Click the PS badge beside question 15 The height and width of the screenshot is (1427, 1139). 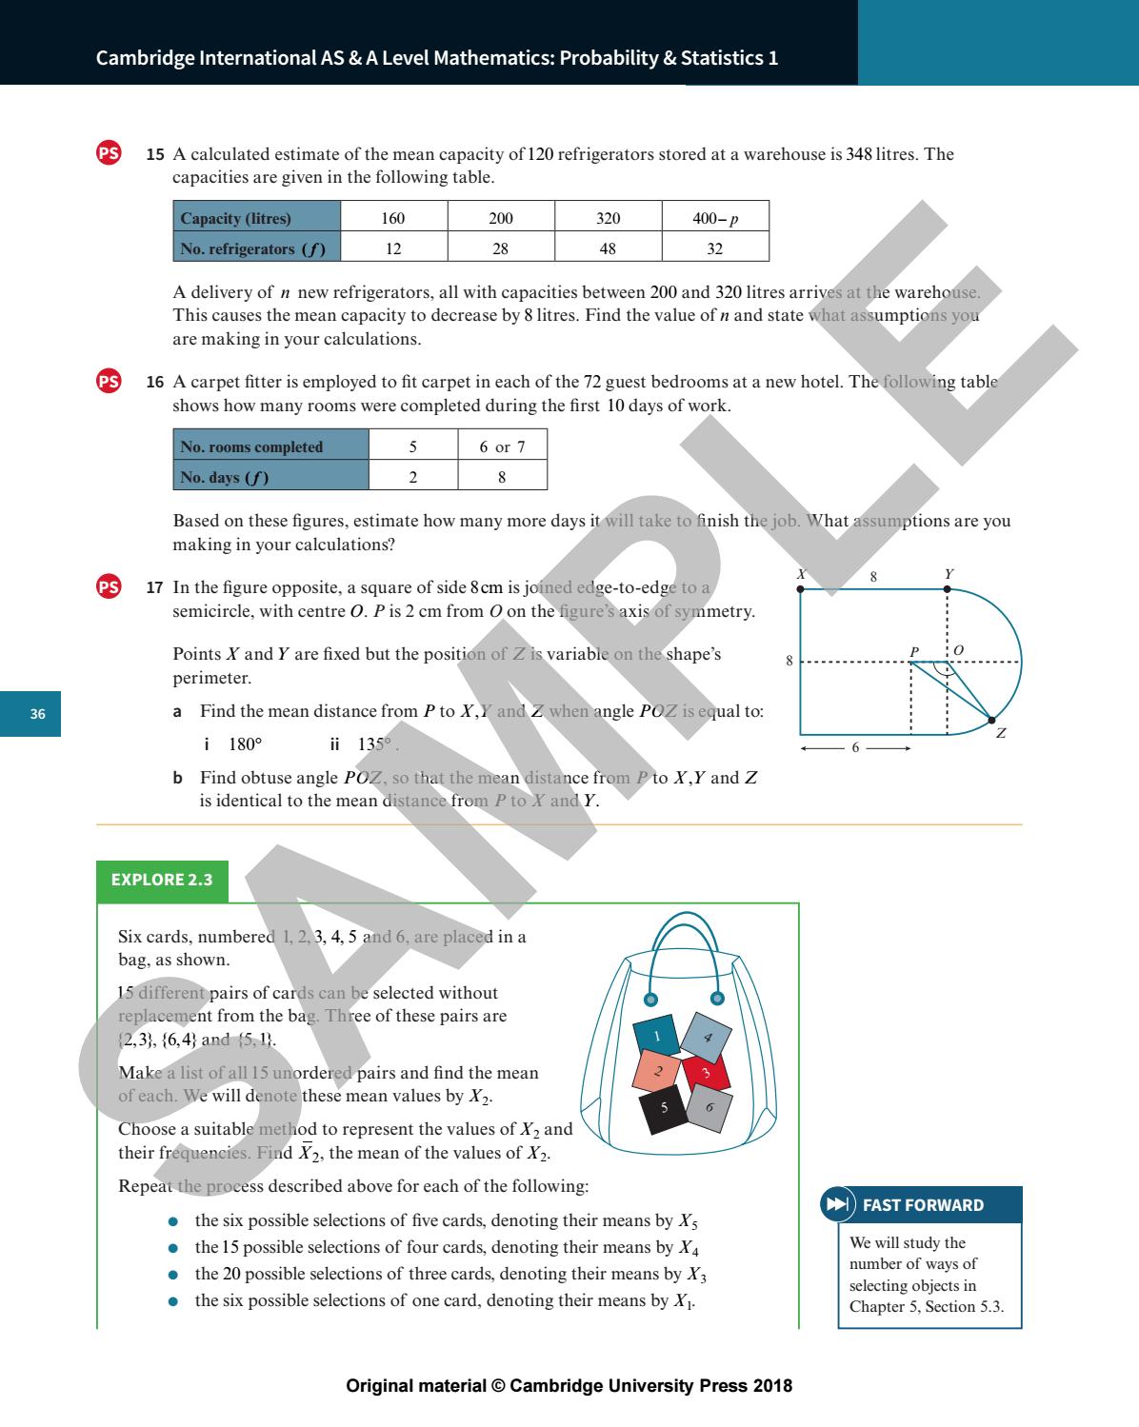point(110,153)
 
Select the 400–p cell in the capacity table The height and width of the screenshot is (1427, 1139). point(714,218)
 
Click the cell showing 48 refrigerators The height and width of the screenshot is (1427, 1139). point(608,248)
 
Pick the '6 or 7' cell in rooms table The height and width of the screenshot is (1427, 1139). point(502,446)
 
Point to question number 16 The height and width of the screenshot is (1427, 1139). point(154,383)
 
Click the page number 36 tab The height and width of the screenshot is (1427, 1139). point(37,714)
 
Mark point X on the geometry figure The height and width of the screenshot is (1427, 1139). point(800,588)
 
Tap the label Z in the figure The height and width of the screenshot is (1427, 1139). point(1001,733)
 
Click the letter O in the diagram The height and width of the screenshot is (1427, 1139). point(958,649)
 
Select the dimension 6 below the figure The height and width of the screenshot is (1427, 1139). point(855,748)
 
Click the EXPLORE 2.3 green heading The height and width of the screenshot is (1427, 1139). point(162,880)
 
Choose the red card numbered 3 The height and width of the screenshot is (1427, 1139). point(706,1073)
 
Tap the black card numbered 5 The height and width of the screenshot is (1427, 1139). point(665,1108)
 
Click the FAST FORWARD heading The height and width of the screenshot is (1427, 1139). point(922,1205)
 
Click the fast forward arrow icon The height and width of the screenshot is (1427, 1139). point(836,1205)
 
